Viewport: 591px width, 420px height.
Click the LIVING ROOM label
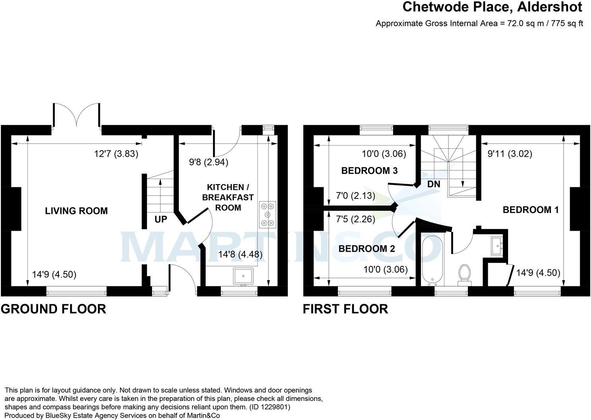pyautogui.click(x=76, y=211)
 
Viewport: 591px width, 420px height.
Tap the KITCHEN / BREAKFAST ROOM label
pyautogui.click(x=228, y=197)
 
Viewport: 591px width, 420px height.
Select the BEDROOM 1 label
pyautogui.click(x=531, y=210)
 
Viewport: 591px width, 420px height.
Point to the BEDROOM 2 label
pyautogui.click(x=367, y=249)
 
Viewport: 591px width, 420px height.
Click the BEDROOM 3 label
pyautogui.click(x=369, y=171)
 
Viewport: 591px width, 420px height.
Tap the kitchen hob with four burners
pyautogui.click(x=268, y=215)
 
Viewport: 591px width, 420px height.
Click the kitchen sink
pyautogui.click(x=243, y=276)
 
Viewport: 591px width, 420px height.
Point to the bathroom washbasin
pyautogui.click(x=497, y=245)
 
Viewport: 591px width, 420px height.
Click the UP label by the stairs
pyautogui.click(x=161, y=220)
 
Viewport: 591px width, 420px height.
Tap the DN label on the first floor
pyautogui.click(x=433, y=184)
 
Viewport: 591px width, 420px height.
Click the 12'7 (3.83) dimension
pyautogui.click(x=116, y=154)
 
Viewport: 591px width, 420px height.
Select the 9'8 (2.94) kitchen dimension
pyautogui.click(x=209, y=162)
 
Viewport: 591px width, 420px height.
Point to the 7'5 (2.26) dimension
pyautogui.click(x=355, y=219)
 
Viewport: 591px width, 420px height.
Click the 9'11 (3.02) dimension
pyautogui.click(x=510, y=154)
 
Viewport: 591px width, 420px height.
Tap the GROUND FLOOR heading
pyautogui.click(x=54, y=309)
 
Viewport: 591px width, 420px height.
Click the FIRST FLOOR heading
pyautogui.click(x=345, y=309)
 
